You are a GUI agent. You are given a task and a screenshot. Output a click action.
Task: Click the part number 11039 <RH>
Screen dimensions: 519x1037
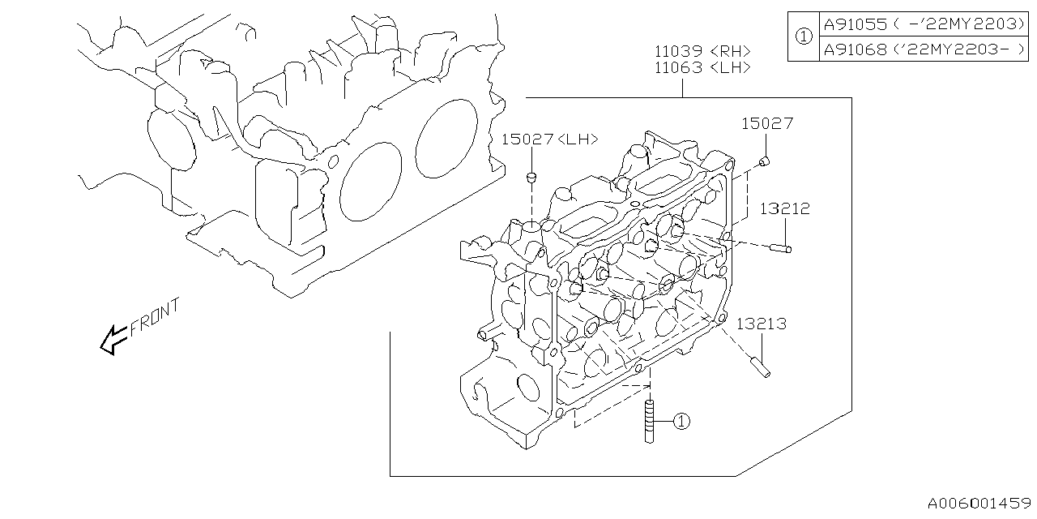(702, 50)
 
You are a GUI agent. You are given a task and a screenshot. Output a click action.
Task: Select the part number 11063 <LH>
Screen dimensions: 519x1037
(702, 68)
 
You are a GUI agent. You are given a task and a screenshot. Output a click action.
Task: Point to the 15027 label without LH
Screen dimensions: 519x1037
(766, 123)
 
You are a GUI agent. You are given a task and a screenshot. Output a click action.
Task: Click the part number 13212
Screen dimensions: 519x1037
(784, 208)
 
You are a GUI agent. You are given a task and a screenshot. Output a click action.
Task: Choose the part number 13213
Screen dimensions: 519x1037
(762, 324)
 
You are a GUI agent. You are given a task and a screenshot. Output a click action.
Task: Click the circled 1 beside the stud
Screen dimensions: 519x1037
(681, 421)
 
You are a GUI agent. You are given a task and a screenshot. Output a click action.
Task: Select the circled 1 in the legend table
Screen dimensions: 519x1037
(802, 36)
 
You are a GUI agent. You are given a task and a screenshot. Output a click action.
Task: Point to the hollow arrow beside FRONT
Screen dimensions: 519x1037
(112, 339)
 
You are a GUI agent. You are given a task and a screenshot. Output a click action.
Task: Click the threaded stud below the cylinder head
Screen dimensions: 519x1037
(650, 420)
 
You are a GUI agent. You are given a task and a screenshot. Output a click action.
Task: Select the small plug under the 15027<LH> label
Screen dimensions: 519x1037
(531, 177)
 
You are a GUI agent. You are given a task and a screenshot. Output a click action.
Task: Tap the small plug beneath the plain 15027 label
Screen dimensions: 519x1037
(765, 161)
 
